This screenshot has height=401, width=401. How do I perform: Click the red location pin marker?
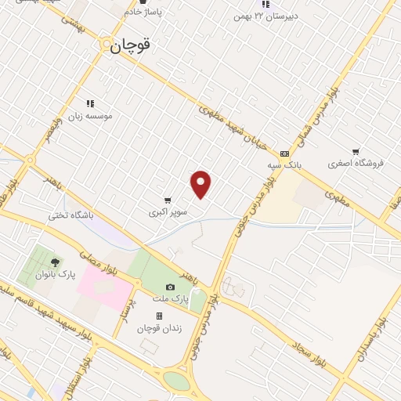pyautogui.click(x=201, y=184)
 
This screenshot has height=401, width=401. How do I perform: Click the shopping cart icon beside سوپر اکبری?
pyautogui.click(x=168, y=200)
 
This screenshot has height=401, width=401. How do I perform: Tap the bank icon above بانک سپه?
pyautogui.click(x=284, y=154)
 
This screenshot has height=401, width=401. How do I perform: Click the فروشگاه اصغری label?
pyautogui.click(x=356, y=163)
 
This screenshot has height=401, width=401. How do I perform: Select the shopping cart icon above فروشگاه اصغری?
pyautogui.click(x=356, y=151)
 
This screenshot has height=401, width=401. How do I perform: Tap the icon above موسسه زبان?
pyautogui.click(x=90, y=103)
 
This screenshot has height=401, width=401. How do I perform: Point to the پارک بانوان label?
pyautogui.click(x=54, y=275)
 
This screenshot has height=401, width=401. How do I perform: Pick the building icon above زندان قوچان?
pyautogui.click(x=159, y=316)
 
